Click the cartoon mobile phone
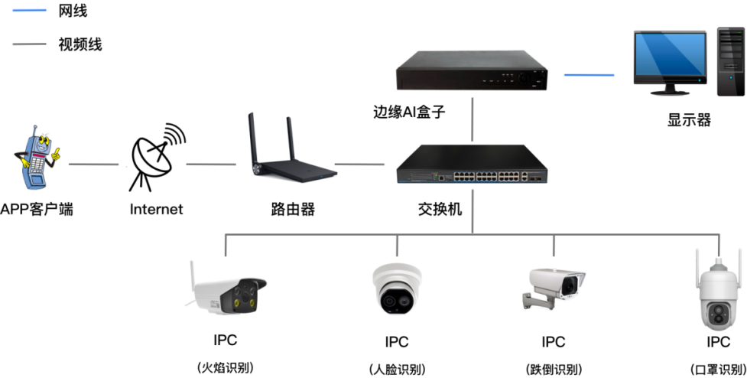coord(34,158)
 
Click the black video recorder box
coord(473,71)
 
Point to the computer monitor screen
coord(670,57)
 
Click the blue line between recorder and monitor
coord(589,75)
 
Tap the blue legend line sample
coord(29,11)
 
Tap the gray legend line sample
coord(29,44)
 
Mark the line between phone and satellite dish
coord(93,165)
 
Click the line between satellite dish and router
coord(211,165)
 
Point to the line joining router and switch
coord(359,165)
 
